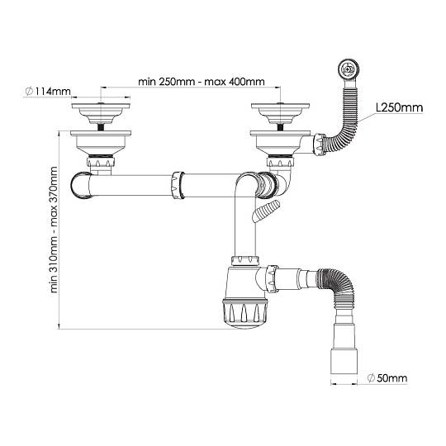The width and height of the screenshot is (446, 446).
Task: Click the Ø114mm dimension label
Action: pos(48,92)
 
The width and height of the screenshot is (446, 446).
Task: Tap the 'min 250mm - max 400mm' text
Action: pos(202,82)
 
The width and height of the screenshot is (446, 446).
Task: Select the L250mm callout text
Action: pos(400,107)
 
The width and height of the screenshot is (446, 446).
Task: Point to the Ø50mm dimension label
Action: pos(387,378)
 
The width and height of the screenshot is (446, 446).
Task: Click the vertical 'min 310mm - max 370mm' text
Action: pos(54,230)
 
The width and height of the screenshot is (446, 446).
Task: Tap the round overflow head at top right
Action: pos(349,69)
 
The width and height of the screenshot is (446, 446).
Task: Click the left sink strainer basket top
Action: pos(101,113)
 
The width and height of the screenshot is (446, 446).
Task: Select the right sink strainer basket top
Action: pos(281,113)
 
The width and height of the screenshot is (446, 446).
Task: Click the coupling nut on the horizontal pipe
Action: pos(178,185)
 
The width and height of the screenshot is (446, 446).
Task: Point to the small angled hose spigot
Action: pos(266,211)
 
